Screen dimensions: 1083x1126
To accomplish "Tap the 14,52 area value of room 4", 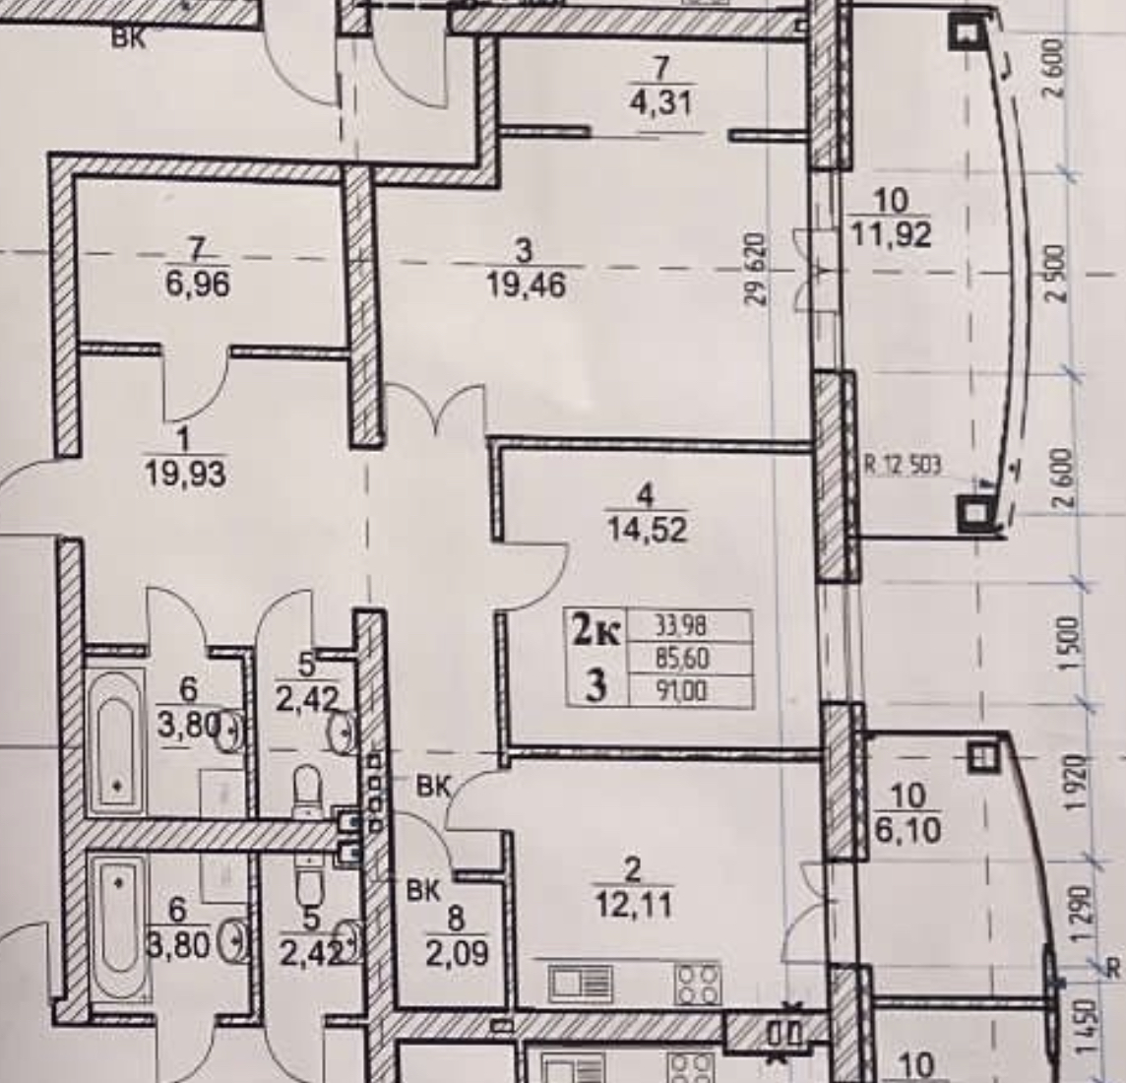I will click(x=648, y=530).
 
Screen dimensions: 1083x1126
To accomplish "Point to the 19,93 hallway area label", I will click(x=184, y=475).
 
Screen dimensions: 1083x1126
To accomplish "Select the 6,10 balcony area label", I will click(x=907, y=830).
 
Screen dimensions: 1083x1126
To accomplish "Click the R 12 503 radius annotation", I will click(x=903, y=465).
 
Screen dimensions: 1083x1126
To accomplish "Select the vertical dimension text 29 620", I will click(x=756, y=269).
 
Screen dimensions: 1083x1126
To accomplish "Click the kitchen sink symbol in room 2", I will click(x=581, y=982).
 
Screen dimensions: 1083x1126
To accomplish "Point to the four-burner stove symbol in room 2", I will click(x=696, y=982).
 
